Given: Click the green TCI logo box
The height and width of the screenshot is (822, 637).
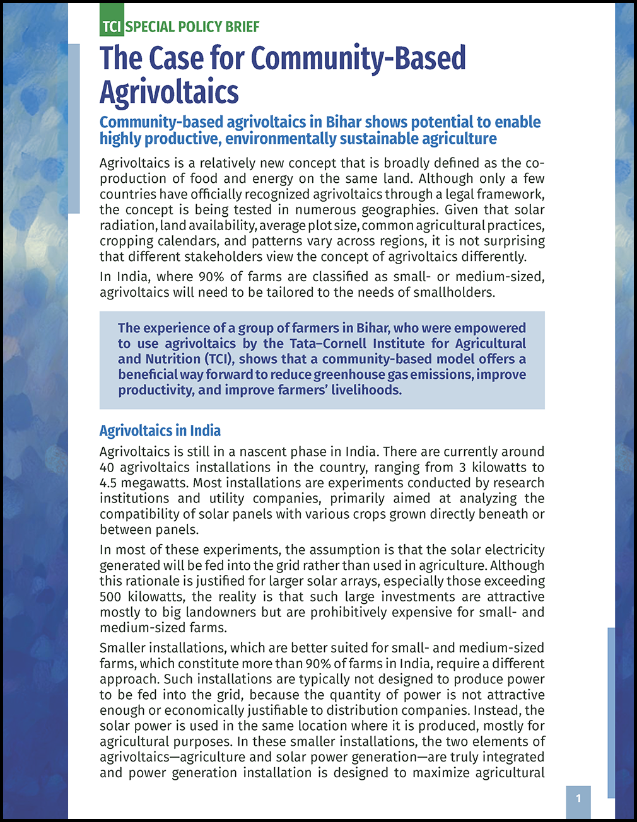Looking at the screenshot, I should coord(112,26).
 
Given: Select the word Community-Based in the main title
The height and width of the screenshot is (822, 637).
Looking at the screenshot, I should coord(358,59).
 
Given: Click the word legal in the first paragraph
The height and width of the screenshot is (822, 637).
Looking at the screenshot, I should coord(425,194).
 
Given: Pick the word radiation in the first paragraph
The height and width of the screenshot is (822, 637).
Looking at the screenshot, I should coord(127,226).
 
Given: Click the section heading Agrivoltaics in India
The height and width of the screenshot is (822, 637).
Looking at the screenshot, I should coord(160,431).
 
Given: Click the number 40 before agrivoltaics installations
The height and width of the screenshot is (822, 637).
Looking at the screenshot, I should coord(107,468).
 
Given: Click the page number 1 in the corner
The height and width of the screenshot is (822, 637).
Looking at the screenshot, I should coord(578,799).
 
